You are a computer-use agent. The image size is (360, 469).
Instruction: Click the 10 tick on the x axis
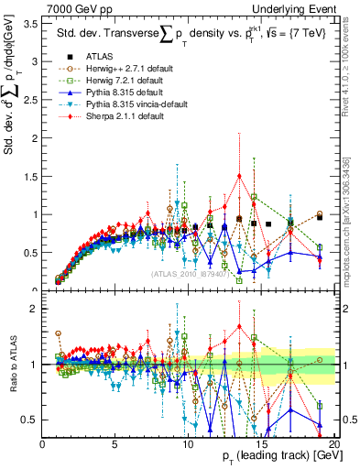[x=190, y=444]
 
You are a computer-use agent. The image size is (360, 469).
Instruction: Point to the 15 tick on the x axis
[x=263, y=444]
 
